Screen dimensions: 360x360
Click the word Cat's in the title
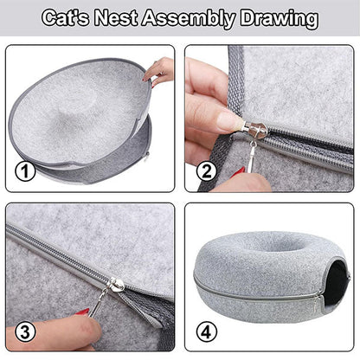click(x=66, y=18)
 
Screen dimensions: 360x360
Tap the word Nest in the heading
click(x=116, y=18)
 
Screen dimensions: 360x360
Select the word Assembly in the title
click(x=189, y=19)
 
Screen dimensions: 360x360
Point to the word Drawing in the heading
click(x=280, y=19)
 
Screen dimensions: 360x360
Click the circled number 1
click(x=25, y=170)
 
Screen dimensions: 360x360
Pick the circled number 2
click(x=207, y=170)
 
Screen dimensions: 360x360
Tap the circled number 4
click(x=207, y=331)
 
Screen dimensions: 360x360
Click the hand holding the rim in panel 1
click(x=159, y=71)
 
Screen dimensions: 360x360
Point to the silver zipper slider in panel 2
click(x=255, y=130)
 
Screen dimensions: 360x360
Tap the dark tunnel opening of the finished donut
click(x=336, y=284)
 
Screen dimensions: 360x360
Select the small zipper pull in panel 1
click(x=147, y=156)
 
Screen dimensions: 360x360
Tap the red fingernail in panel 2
click(x=238, y=172)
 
